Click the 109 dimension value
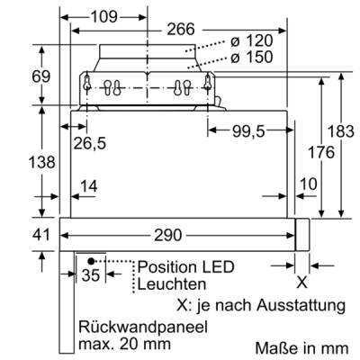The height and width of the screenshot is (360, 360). (103, 17)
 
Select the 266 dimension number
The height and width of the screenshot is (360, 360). (181, 30)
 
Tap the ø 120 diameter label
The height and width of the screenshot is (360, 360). (252, 40)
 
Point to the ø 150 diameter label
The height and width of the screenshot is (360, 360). (252, 57)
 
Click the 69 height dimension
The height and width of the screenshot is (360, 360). (41, 76)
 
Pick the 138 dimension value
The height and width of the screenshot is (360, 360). (41, 162)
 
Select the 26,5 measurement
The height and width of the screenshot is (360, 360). (90, 143)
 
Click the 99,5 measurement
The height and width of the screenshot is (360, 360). (248, 131)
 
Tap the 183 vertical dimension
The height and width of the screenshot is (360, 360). (341, 131)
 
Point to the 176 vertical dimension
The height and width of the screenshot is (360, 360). (321, 152)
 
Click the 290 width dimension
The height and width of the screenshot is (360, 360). (168, 235)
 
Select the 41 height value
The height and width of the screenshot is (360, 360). (41, 234)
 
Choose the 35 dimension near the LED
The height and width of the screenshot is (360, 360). (90, 274)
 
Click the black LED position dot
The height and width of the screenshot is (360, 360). (90, 261)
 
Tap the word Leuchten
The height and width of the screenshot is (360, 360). (172, 284)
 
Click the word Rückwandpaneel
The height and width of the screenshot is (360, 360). (143, 327)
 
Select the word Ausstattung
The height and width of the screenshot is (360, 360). (301, 305)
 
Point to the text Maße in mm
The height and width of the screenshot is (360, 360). (301, 348)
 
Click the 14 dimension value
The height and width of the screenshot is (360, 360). (89, 186)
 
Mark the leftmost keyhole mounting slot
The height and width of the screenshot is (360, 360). (87, 82)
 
